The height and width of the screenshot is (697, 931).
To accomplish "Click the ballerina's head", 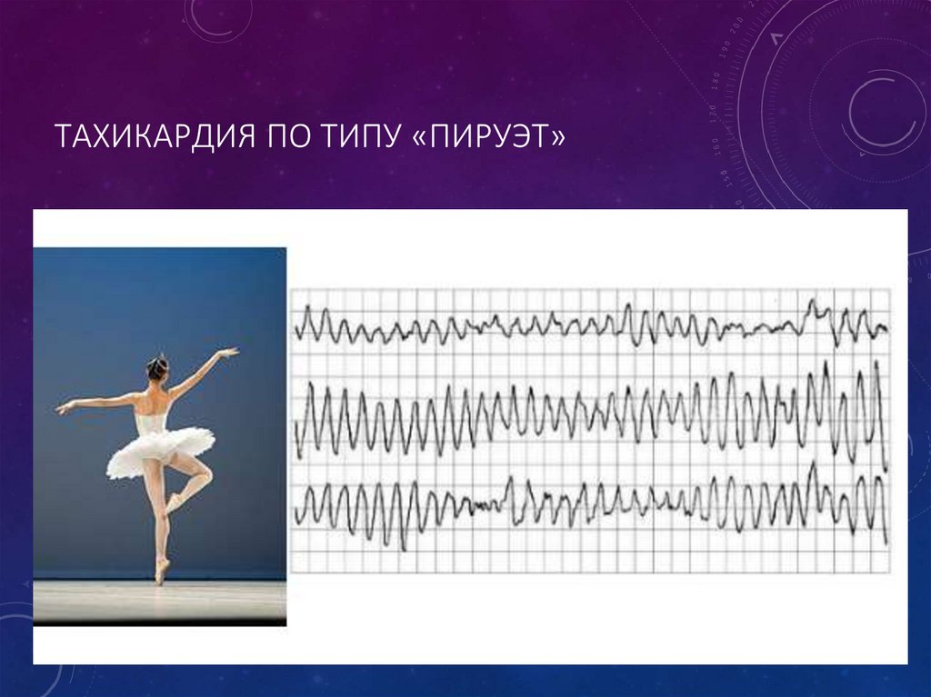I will click(x=157, y=367).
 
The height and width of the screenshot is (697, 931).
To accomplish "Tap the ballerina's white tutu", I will click(x=159, y=449).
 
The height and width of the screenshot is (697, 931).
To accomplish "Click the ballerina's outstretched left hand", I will click(x=62, y=408).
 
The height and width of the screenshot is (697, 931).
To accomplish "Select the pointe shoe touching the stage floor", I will click(x=162, y=572).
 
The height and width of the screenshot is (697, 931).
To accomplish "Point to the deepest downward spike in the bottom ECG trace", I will click(x=402, y=547).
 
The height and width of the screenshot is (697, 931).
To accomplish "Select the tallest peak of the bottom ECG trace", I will click(x=812, y=464).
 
